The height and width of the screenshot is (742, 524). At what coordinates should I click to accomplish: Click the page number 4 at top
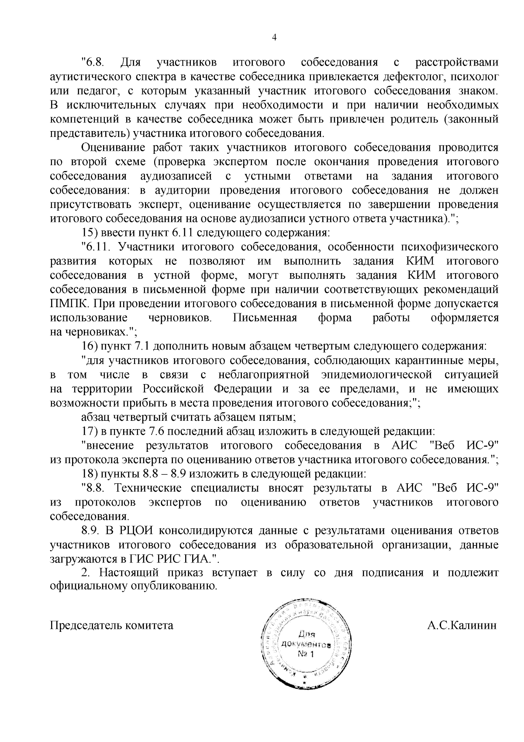[274, 38]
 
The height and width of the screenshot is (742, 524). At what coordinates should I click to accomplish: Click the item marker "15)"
[90, 233]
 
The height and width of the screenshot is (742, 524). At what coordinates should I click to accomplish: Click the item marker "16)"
[90, 347]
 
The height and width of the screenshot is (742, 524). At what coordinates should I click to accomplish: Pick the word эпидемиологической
[377, 375]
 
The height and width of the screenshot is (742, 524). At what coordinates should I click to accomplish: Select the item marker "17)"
[90, 431]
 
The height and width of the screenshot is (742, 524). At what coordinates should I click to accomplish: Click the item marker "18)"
[90, 474]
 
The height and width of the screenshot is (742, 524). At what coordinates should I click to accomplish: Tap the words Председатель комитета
[112, 625]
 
